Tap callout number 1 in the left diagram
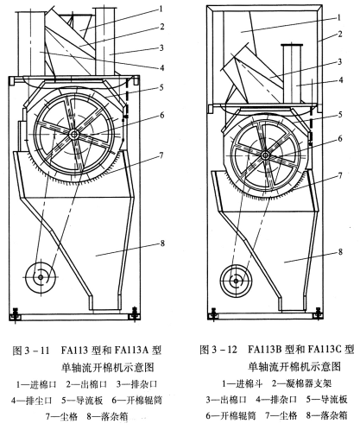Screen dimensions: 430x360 (161, 7)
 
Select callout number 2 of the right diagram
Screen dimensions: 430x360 (342, 35)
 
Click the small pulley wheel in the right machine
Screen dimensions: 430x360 (231, 280)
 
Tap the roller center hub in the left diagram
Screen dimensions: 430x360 (77, 134)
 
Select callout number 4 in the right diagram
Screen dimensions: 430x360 (342, 84)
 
